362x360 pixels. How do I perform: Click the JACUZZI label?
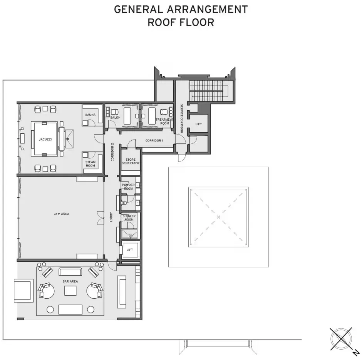coord(45,139)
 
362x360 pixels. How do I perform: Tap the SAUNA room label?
coord(90,114)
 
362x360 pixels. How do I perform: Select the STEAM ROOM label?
coord(90,164)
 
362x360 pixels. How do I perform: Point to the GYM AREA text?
coord(61,214)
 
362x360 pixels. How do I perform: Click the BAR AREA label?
coord(70,281)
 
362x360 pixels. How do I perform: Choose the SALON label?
coord(115,118)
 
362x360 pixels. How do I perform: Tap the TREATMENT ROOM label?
coord(164,121)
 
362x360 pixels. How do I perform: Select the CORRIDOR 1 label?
coord(154,141)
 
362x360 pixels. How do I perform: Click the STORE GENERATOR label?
coord(130,161)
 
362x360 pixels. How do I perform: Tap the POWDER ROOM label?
coord(128,187)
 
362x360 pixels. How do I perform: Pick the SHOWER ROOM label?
coord(129,218)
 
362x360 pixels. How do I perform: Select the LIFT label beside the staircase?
coord(199,124)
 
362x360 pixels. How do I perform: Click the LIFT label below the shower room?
coord(129,250)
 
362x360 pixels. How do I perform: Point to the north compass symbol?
coord(341,338)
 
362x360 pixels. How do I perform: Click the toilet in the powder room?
coord(124,202)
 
